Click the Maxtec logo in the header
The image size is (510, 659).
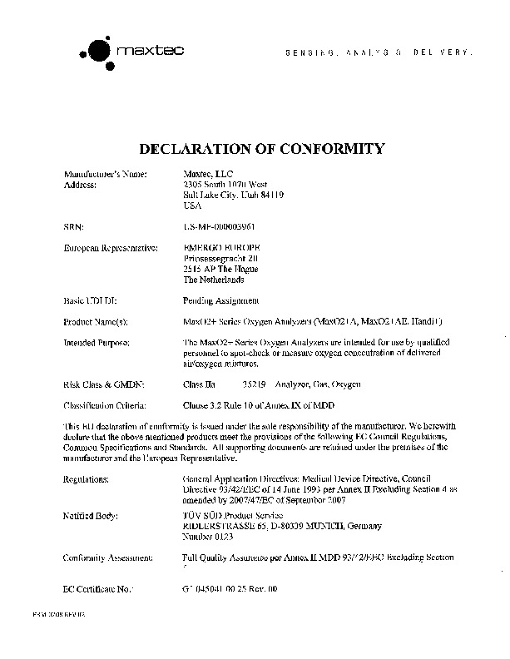pos(133,52)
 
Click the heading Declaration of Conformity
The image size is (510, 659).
pos(261,150)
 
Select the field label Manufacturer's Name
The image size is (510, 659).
pos(105,174)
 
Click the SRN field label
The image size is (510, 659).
pos(73,225)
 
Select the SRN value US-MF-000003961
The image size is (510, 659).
pos(218,225)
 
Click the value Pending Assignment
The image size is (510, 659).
pos(220,300)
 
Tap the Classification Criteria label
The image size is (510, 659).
pos(105,405)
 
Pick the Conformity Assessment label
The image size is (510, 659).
pos(107,557)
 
